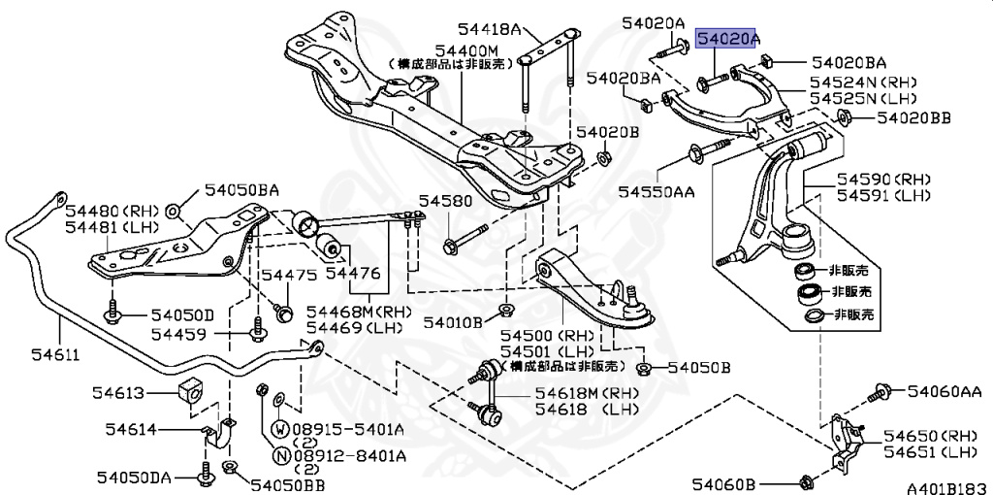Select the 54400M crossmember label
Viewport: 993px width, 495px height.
[x=465, y=49]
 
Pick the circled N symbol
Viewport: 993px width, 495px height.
[x=279, y=454]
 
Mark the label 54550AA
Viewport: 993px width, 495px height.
[x=657, y=192]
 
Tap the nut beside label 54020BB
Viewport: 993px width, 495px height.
[x=842, y=119]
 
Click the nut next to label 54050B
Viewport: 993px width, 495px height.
[x=643, y=368]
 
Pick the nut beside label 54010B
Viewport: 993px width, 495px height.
[x=504, y=311]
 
